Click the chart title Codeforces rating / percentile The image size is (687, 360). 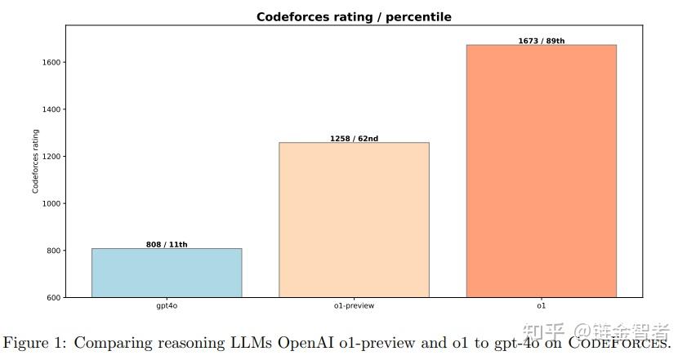pyautogui.click(x=354, y=16)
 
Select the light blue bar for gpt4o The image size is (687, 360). pyautogui.click(x=167, y=273)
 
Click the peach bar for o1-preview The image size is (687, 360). pyautogui.click(x=354, y=220)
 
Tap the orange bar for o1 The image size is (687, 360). pyautogui.click(x=541, y=171)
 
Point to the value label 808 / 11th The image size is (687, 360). pyautogui.click(x=167, y=245)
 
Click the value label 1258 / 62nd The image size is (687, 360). pyautogui.click(x=354, y=139)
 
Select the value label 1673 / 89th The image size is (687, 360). pyautogui.click(x=541, y=41)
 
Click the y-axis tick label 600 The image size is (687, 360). pyautogui.click(x=53, y=298)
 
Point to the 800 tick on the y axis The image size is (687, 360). pyautogui.click(x=53, y=251)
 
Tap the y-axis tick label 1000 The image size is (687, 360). pyautogui.click(x=51, y=203)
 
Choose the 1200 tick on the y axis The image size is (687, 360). pyautogui.click(x=51, y=157)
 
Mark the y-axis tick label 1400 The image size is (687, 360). pyautogui.click(x=51, y=109)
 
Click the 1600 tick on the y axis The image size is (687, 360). pyautogui.click(x=51, y=63)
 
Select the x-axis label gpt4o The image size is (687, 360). pyautogui.click(x=167, y=307)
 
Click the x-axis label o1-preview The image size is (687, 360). pyautogui.click(x=354, y=307)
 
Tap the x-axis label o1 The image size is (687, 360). pyautogui.click(x=541, y=307)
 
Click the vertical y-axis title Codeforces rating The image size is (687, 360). pyautogui.click(x=36, y=161)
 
